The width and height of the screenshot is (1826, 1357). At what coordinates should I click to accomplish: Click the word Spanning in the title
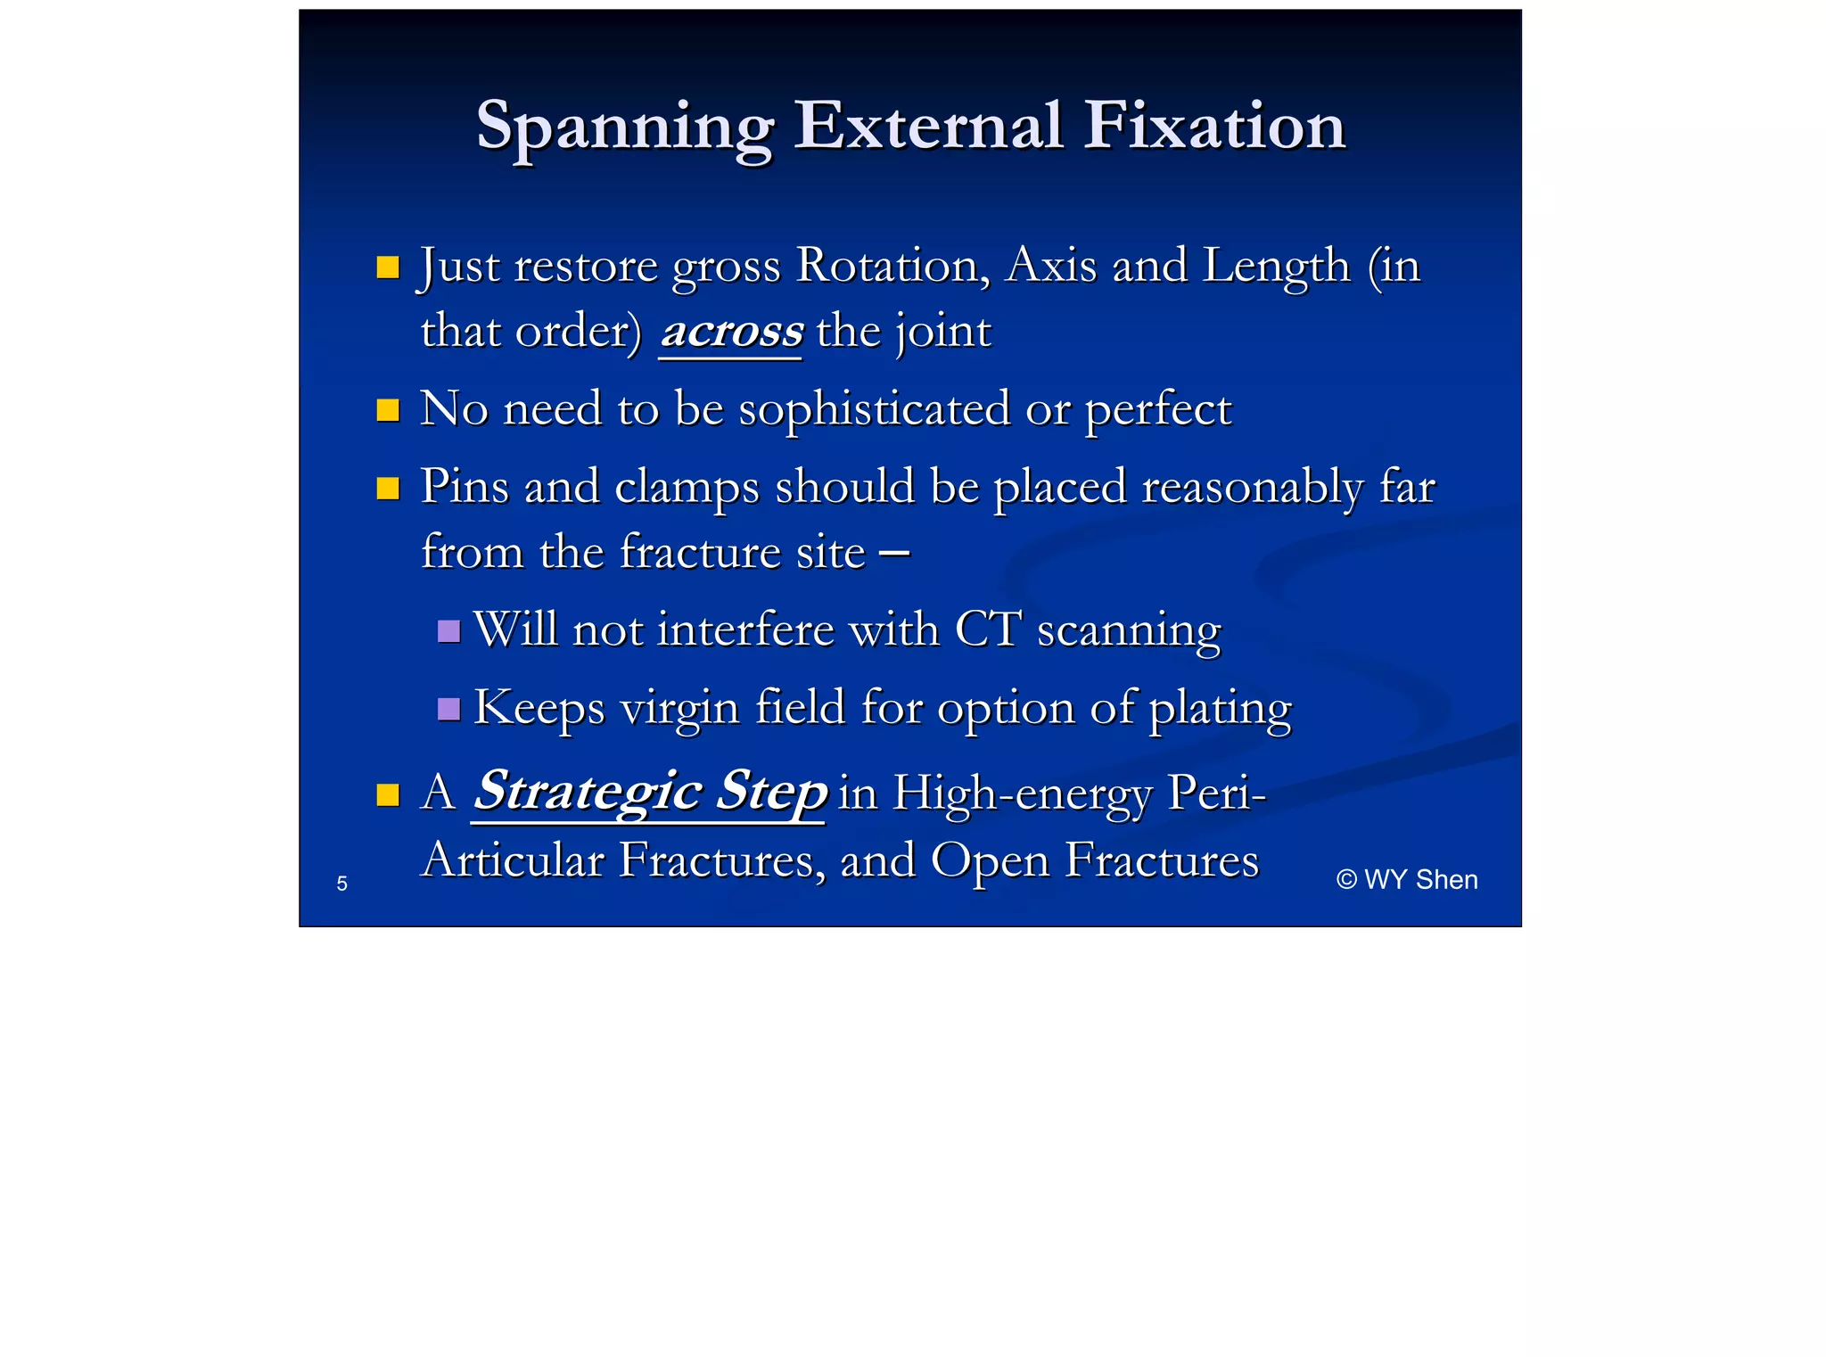tap(624, 127)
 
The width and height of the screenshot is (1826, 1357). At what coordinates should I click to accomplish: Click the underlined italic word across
tap(731, 332)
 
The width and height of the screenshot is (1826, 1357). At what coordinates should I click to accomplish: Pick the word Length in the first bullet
tap(1277, 266)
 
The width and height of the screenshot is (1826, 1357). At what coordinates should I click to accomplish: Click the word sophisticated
tap(874, 410)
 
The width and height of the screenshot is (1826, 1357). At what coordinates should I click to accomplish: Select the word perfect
tap(1157, 410)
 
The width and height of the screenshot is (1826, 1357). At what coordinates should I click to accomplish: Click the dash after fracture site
tap(893, 553)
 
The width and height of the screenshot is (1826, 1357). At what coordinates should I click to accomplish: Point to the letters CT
tap(987, 629)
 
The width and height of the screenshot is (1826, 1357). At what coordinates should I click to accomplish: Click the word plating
tap(1220, 709)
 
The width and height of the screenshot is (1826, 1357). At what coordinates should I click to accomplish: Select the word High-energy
tap(1022, 793)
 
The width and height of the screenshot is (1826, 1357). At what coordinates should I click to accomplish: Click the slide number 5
tap(341, 884)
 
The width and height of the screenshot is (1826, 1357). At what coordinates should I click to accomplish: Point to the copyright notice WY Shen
tap(1407, 880)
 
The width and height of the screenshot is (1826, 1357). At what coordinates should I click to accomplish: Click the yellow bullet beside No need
tap(388, 410)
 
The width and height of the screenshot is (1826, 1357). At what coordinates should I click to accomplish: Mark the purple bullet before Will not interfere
tap(448, 631)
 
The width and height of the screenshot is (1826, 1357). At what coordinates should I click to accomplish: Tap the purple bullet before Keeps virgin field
tap(448, 710)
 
